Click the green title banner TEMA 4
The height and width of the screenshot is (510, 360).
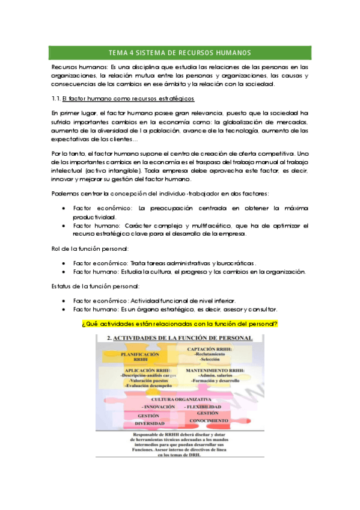tap(180, 52)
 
